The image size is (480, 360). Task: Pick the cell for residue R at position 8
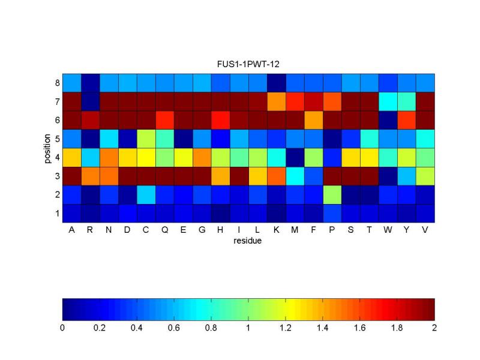tap(90, 82)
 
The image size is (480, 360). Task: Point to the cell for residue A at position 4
tap(71, 157)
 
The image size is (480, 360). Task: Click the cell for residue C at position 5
tap(146, 139)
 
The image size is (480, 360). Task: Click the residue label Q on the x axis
tap(164, 230)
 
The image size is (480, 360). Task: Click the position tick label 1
tap(58, 213)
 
